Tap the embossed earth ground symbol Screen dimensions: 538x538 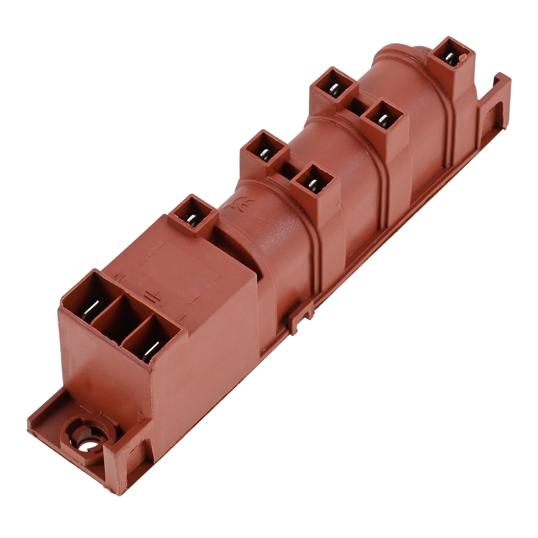pyautogui.click(x=149, y=296)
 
